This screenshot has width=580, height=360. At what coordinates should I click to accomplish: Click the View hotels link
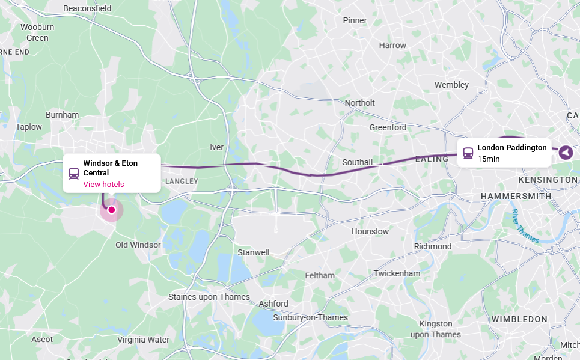click(x=103, y=184)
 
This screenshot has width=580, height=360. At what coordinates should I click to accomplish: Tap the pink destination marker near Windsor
click(x=111, y=210)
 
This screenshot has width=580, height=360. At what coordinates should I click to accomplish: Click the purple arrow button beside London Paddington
click(x=566, y=153)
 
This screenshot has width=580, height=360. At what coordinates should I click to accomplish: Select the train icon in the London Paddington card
click(x=468, y=153)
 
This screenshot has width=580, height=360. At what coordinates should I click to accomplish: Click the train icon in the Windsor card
click(x=74, y=174)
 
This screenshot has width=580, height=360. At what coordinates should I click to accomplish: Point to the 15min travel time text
click(x=488, y=159)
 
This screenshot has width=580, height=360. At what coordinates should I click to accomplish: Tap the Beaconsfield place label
click(x=87, y=8)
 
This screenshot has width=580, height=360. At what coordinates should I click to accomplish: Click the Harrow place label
click(x=392, y=45)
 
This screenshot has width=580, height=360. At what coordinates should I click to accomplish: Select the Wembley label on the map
click(x=451, y=85)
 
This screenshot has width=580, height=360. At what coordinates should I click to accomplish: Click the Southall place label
click(x=358, y=162)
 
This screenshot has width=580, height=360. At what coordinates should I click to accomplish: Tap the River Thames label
click(x=524, y=227)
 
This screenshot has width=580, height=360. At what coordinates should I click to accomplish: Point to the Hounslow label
click(x=370, y=231)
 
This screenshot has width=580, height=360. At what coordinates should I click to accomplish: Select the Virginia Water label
click(x=143, y=340)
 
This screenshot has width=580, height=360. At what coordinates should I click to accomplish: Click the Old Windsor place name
click(x=138, y=245)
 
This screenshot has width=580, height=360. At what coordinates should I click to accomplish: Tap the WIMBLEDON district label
click(x=519, y=319)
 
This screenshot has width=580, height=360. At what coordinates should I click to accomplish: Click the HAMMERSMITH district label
click(x=516, y=196)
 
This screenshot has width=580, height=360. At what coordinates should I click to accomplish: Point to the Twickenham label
click(x=397, y=273)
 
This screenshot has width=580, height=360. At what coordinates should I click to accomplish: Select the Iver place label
click(x=216, y=147)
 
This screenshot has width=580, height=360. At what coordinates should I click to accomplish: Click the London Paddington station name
click(x=511, y=147)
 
